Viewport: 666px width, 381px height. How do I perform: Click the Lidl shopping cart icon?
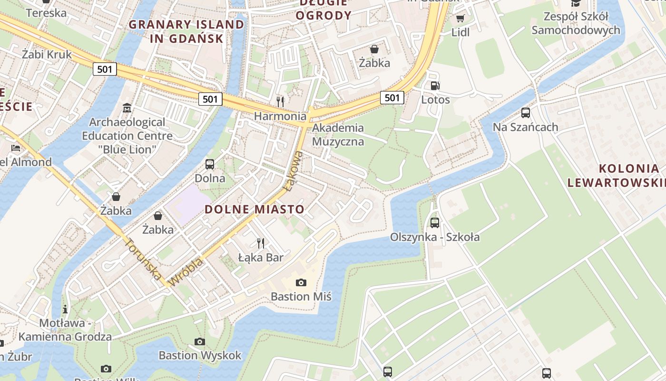tap(460, 18)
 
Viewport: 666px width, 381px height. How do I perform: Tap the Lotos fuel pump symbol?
tap(435, 86)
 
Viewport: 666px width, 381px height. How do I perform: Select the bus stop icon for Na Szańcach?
tap(525, 113)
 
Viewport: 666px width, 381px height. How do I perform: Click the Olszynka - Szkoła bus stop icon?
tap(434, 222)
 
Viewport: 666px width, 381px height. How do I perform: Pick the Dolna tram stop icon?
tap(210, 164)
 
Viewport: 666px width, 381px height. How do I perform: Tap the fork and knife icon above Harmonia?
tap(280, 101)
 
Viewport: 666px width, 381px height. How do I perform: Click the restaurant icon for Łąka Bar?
tap(260, 243)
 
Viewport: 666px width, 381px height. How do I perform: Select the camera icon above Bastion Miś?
tap(301, 282)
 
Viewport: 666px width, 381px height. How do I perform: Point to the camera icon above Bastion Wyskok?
tap(200, 341)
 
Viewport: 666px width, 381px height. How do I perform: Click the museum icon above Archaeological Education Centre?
tap(127, 108)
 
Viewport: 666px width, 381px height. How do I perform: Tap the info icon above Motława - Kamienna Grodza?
tap(65, 309)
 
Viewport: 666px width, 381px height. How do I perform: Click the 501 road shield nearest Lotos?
tap(392, 98)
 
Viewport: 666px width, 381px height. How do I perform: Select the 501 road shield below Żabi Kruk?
tap(104, 69)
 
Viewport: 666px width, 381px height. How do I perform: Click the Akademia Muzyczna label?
tap(338, 135)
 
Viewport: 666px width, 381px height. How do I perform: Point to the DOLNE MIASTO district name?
tap(254, 209)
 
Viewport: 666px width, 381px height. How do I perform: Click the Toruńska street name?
tap(143, 259)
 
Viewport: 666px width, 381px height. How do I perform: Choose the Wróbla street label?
tap(186, 272)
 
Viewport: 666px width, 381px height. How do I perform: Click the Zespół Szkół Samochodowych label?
tap(576, 23)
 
